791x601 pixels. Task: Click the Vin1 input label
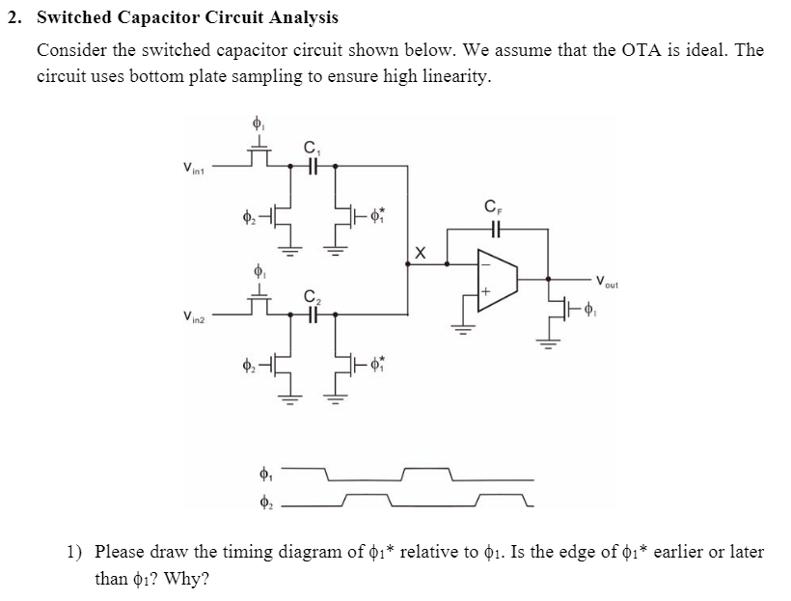[194, 168]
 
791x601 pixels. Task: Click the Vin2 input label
[194, 317]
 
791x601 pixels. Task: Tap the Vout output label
[607, 282]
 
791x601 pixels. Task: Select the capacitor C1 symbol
[313, 166]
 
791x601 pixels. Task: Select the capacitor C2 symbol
[313, 314]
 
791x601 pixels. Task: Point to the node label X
[420, 253]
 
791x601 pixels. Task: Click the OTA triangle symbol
[498, 279]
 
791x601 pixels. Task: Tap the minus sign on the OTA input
[485, 264]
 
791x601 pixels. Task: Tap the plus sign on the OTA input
[485, 291]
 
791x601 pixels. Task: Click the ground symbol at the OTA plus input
[463, 328]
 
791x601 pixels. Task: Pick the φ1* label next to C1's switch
[378, 215]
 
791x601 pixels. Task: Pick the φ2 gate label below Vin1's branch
[249, 217]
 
